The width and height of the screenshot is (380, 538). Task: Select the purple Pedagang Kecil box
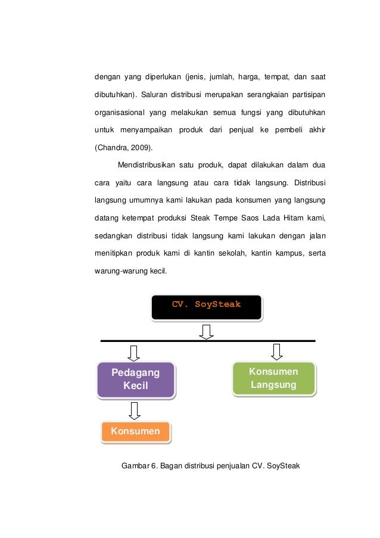[136, 380]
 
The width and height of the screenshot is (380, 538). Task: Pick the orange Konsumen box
[135, 431]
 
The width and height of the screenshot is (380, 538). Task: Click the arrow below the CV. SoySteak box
[206, 332]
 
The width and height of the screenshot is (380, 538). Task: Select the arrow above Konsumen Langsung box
[276, 351]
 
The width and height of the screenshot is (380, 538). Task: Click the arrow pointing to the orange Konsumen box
[135, 410]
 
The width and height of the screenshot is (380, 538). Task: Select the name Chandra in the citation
[111, 146]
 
